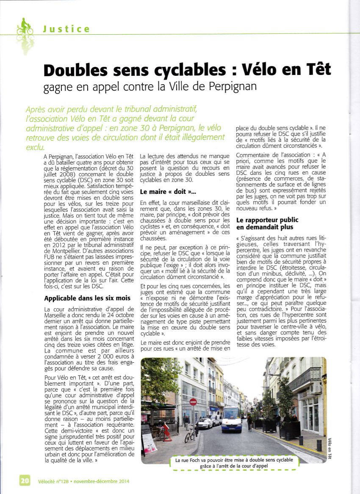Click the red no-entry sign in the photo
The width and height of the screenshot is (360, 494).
[x=193, y=402]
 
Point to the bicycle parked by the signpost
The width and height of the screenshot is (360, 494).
[x=189, y=434]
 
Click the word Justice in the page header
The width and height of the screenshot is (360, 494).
[x=66, y=29]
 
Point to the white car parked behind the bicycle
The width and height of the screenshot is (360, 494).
[x=205, y=423]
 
